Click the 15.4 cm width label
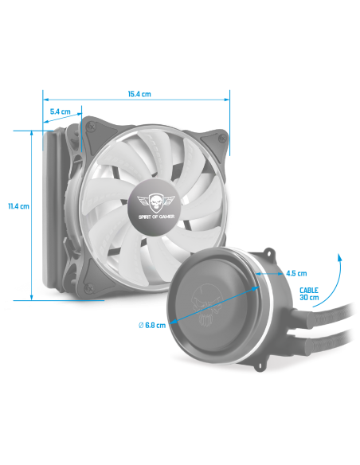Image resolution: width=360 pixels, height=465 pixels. [x=139, y=94]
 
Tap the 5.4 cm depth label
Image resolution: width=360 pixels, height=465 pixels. [x=61, y=111]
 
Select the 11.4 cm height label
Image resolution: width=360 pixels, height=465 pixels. [x=18, y=205]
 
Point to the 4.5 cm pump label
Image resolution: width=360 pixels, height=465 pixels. [x=296, y=273]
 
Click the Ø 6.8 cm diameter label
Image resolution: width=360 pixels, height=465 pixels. [x=152, y=325]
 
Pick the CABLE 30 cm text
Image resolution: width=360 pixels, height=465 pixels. [x=309, y=294]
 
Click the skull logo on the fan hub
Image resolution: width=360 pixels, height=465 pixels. [x=156, y=201]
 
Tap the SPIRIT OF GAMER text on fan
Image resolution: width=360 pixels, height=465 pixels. [x=156, y=217]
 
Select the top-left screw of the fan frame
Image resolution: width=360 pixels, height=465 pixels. [x=90, y=127]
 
